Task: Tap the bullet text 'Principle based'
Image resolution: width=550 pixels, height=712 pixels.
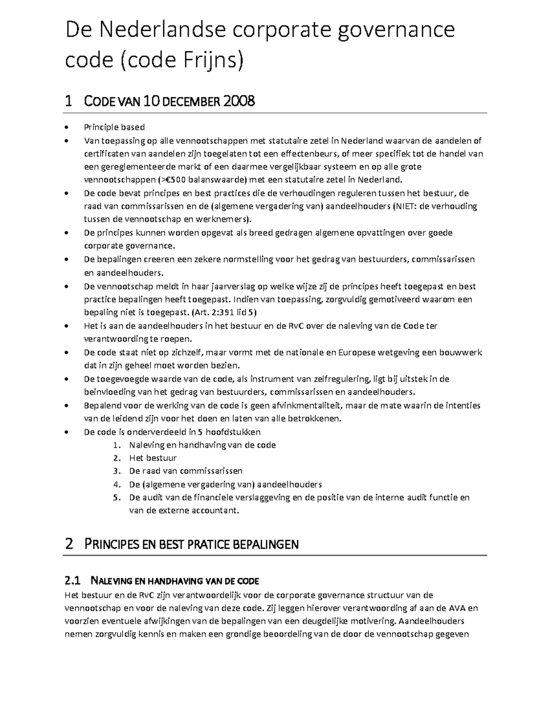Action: pyautogui.click(x=114, y=127)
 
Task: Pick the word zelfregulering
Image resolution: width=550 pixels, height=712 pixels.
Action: pyautogui.click(x=341, y=379)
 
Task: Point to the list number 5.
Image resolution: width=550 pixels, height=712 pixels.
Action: pyautogui.click(x=117, y=497)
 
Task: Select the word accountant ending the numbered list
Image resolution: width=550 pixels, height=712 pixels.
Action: pyautogui.click(x=217, y=510)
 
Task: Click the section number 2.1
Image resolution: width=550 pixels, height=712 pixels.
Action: pyautogui.click(x=72, y=581)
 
